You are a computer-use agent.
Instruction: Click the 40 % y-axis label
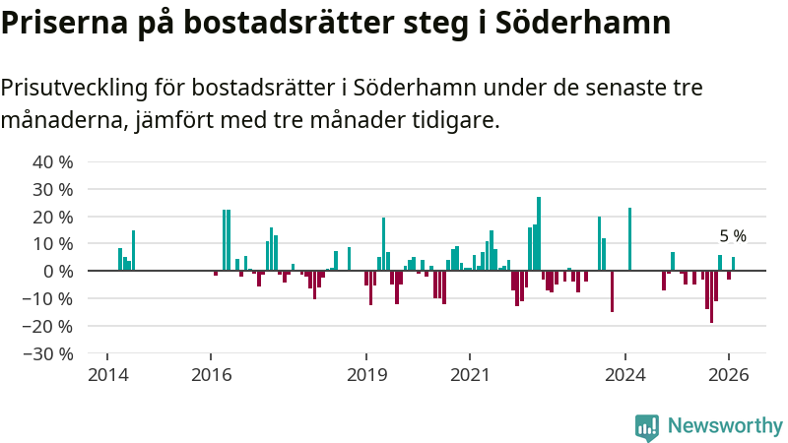point(53,161)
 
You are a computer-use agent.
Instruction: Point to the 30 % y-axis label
point(53,189)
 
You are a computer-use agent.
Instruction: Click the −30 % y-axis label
point(49,353)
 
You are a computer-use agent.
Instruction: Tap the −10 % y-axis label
point(49,298)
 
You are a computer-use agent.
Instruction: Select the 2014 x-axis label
point(106,375)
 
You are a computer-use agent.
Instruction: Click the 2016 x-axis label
point(211,375)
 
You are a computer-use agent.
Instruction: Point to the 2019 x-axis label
point(366,375)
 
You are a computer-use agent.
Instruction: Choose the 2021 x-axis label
point(470,375)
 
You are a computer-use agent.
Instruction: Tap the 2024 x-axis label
point(625,375)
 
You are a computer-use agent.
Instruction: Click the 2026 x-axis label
point(730,375)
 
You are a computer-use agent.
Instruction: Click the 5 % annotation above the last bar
point(733,236)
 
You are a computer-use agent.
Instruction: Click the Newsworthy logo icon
point(647,426)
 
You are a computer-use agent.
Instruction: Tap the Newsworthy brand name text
point(725,426)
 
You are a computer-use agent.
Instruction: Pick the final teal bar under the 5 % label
point(733,264)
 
